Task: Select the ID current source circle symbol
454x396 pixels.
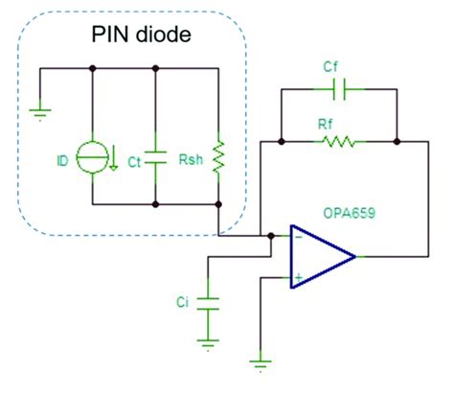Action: (x=92, y=159)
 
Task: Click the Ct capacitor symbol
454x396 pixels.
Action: (x=155, y=160)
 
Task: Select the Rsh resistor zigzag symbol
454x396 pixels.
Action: (x=220, y=153)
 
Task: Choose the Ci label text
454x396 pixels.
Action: (x=182, y=303)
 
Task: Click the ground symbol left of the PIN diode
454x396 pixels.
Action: (x=38, y=112)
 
